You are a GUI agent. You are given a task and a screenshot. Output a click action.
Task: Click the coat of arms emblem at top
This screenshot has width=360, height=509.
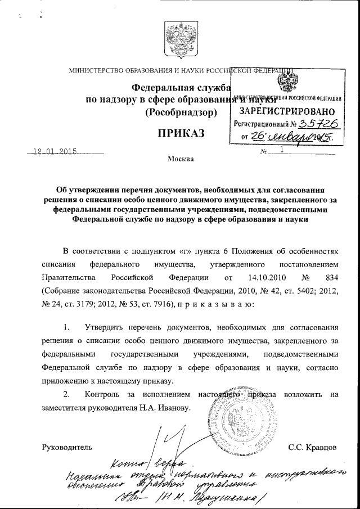tap(181, 40)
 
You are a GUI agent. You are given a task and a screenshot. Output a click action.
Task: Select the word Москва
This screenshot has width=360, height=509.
tap(181, 160)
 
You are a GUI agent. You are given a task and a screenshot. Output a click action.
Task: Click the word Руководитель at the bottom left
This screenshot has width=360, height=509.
tap(66, 448)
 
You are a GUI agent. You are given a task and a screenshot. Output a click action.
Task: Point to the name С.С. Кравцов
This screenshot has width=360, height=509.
tap(312, 448)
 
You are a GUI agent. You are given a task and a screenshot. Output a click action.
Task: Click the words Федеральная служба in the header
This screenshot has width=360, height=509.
tap(181, 88)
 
